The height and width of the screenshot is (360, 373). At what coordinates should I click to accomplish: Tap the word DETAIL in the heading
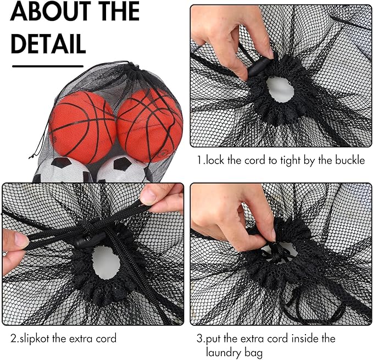(48, 44)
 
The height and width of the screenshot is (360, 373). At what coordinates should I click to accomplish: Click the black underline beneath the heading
(48, 66)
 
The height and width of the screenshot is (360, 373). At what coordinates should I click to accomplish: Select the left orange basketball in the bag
(82, 127)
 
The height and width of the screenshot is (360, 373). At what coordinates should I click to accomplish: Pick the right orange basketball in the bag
(150, 125)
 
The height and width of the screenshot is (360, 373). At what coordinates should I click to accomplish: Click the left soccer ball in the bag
(63, 170)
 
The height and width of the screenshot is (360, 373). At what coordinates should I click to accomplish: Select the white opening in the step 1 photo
(280, 90)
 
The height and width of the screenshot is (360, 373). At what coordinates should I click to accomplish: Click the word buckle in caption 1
(350, 160)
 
